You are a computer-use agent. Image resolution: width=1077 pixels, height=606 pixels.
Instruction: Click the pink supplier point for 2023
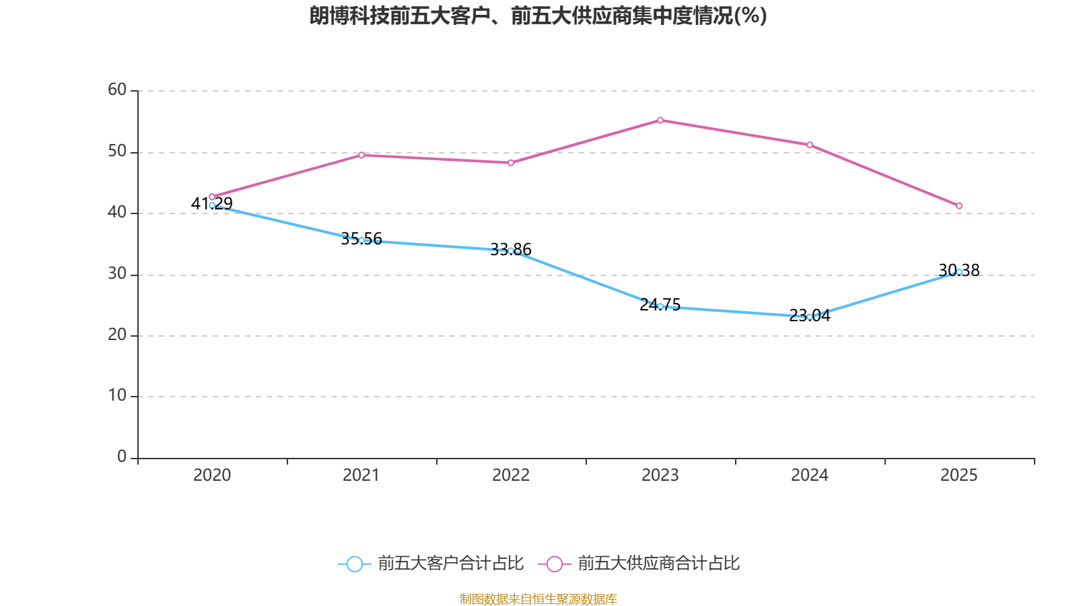(x=660, y=121)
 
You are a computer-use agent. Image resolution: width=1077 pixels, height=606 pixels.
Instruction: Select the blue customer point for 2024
(x=810, y=316)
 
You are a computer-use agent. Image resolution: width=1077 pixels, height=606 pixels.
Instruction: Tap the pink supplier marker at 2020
(x=212, y=197)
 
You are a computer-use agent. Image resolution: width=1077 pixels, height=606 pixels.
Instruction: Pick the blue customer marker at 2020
(x=212, y=205)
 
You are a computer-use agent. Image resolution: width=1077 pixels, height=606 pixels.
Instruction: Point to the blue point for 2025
(x=959, y=273)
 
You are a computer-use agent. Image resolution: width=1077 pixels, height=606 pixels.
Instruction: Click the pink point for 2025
(x=959, y=206)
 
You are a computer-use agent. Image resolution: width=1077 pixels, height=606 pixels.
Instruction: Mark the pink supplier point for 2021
(x=361, y=156)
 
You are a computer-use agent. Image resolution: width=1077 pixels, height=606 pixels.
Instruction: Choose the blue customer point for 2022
(x=511, y=251)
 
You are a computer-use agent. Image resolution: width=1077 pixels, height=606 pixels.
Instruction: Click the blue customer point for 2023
(x=660, y=306)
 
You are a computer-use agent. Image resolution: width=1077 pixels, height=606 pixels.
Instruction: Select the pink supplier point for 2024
(x=810, y=145)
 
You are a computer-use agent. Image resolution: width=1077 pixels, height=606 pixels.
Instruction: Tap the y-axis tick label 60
(x=117, y=90)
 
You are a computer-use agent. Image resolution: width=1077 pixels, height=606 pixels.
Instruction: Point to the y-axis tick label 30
(x=117, y=274)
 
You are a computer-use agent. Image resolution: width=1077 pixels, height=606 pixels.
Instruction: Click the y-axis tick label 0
(x=122, y=457)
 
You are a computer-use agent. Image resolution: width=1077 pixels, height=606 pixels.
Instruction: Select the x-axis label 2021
(x=361, y=475)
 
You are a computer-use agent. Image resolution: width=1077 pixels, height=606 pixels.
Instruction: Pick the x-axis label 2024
(x=810, y=475)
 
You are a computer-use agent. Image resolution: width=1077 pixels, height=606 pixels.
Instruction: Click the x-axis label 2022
(x=511, y=475)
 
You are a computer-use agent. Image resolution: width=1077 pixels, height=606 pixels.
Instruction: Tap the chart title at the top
(x=538, y=15)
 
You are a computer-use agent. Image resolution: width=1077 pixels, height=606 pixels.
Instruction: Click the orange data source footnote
(x=538, y=599)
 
